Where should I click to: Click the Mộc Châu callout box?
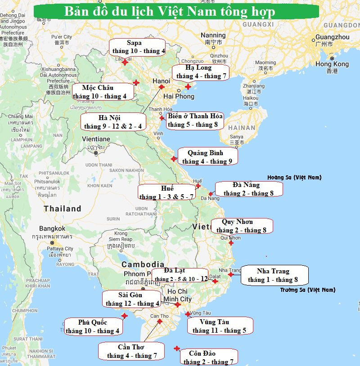click(103, 92)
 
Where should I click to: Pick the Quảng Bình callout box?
click(207, 157)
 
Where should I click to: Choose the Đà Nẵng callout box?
click(249, 189)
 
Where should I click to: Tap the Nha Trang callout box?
click(275, 275)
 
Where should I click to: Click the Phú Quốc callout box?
click(93, 326)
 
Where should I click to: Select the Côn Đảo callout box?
click(208, 357)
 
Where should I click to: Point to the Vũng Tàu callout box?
click(220, 326)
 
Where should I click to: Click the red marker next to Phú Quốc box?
click(125, 316)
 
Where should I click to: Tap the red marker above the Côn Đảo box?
click(177, 348)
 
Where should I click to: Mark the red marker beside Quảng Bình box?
click(174, 158)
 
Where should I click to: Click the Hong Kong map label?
click(332, 64)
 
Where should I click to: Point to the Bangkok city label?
click(52, 228)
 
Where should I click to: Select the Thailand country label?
click(63, 209)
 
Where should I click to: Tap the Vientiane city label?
click(96, 139)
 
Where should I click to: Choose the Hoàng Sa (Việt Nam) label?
click(294, 178)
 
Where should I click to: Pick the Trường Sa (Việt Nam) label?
click(307, 290)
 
